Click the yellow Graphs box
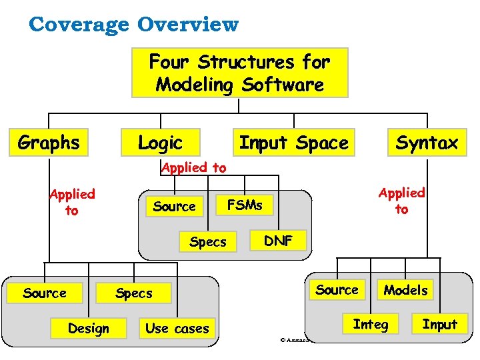pyautogui.click(x=49, y=143)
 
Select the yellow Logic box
pyautogui.click(x=160, y=143)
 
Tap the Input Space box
pyautogui.click(x=293, y=143)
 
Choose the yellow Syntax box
pyautogui.click(x=427, y=143)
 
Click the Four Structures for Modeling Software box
pyautogui.click(x=239, y=73)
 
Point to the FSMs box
pyautogui.click(x=245, y=205)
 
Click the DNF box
pyautogui.click(x=279, y=241)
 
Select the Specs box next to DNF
pyautogui.click(x=207, y=241)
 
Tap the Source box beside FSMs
pyautogui.click(x=174, y=206)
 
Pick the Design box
pyautogui.click(x=88, y=328)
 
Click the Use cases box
pyautogui.click(x=177, y=328)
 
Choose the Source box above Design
pyautogui.click(x=45, y=293)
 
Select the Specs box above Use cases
pyautogui.click(x=134, y=293)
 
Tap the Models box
pyautogui.click(x=405, y=289)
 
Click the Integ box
pyautogui.click(x=370, y=325)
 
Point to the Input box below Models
pyautogui.click(x=439, y=325)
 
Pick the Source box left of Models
pyautogui.click(x=337, y=289)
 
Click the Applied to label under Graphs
pyautogui.click(x=72, y=202)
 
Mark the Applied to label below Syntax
pyautogui.click(x=401, y=201)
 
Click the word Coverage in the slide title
pyautogui.click(x=80, y=25)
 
